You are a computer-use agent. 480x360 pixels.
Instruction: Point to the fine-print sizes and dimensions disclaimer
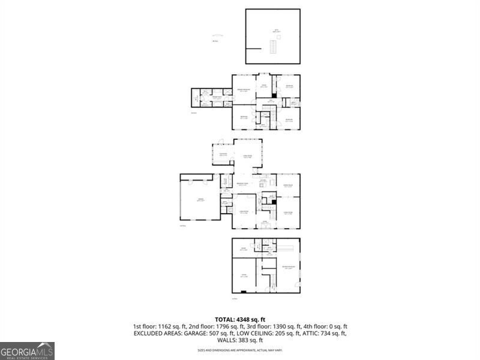click(x=239, y=350)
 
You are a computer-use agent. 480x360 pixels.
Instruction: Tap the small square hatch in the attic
click(x=278, y=36)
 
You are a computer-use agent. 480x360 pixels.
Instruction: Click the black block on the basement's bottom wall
click(x=243, y=292)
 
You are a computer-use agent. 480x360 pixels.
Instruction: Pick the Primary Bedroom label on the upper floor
click(x=243, y=90)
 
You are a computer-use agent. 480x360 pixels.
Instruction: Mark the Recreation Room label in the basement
click(x=288, y=267)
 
